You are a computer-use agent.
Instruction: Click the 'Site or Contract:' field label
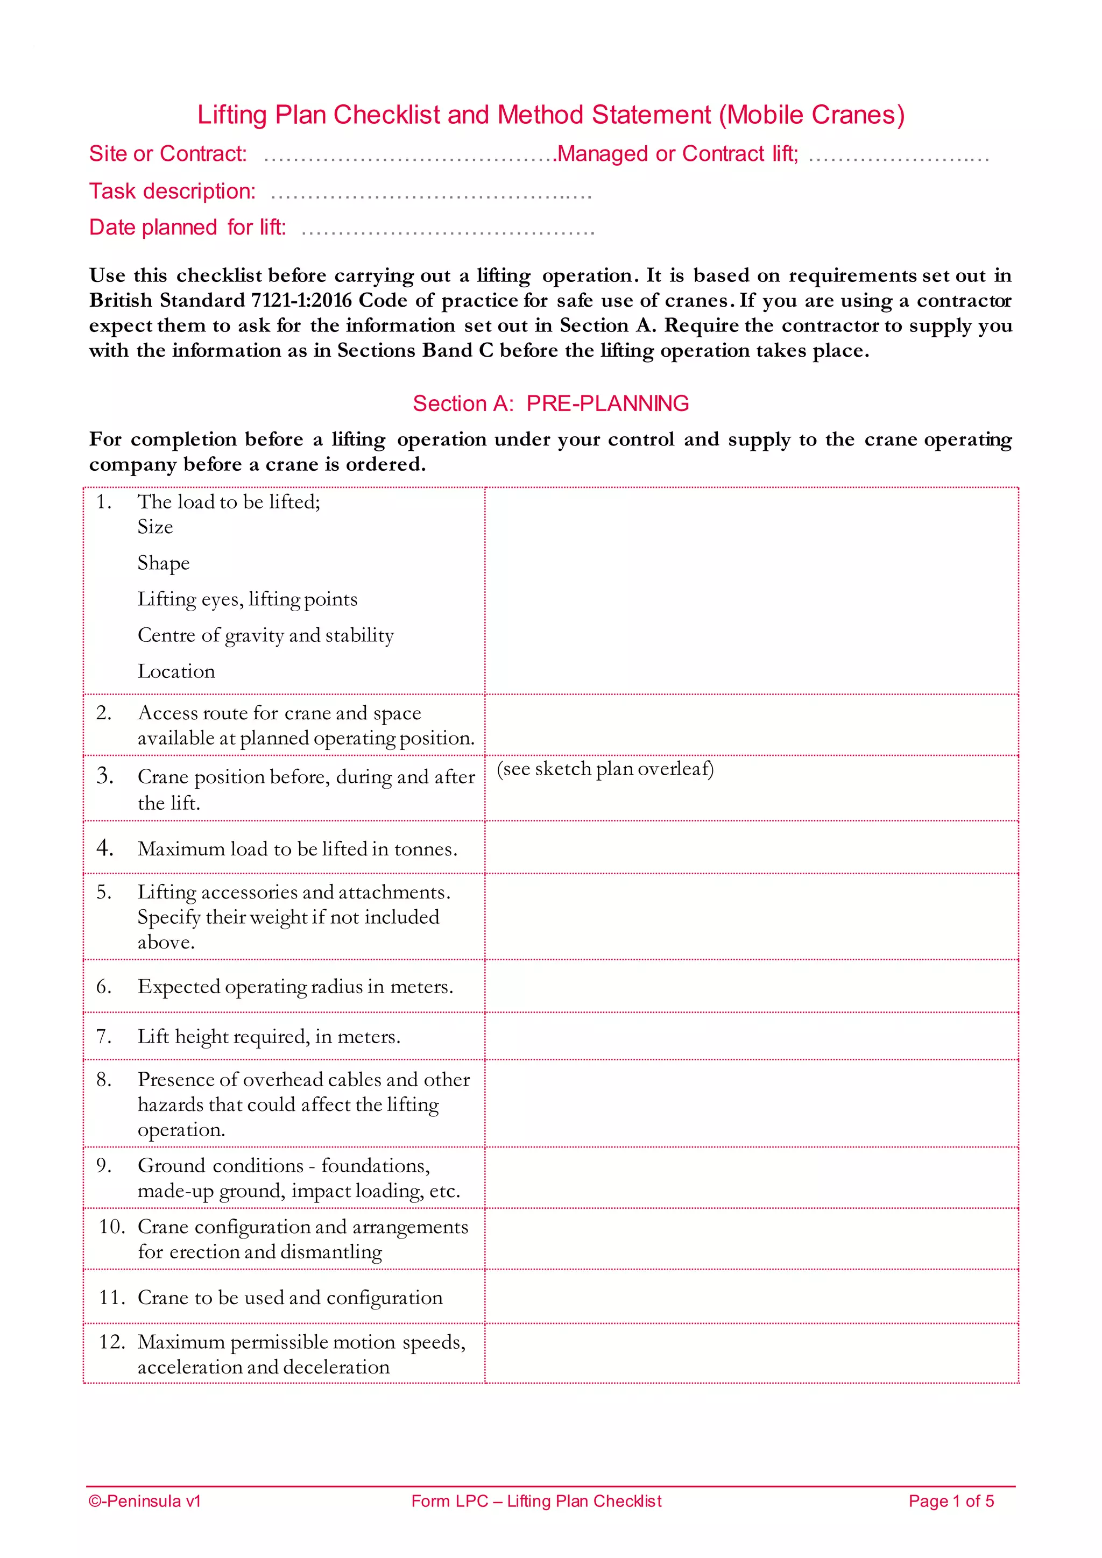point(167,154)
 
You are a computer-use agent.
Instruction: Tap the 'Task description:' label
point(172,192)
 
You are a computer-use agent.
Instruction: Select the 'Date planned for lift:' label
point(187,228)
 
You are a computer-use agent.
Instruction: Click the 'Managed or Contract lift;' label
point(677,154)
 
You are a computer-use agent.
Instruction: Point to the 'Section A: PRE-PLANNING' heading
point(550,403)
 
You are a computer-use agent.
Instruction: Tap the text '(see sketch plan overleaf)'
point(605,769)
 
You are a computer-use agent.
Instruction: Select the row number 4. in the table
point(104,847)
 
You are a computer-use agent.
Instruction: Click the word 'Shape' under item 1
point(164,563)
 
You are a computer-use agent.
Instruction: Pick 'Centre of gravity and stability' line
point(265,635)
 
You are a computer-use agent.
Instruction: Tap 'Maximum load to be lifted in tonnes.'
point(297,849)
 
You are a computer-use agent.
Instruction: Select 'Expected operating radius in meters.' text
point(295,987)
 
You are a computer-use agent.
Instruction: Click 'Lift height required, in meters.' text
point(269,1037)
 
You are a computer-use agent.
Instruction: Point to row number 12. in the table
point(111,1342)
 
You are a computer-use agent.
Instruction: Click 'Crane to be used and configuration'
point(289,1298)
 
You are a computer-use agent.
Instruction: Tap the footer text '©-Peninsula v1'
point(145,1501)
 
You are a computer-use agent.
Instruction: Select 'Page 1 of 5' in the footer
point(951,1501)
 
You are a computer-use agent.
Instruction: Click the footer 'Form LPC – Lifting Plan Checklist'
point(536,1501)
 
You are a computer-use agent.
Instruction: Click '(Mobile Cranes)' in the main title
point(811,115)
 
